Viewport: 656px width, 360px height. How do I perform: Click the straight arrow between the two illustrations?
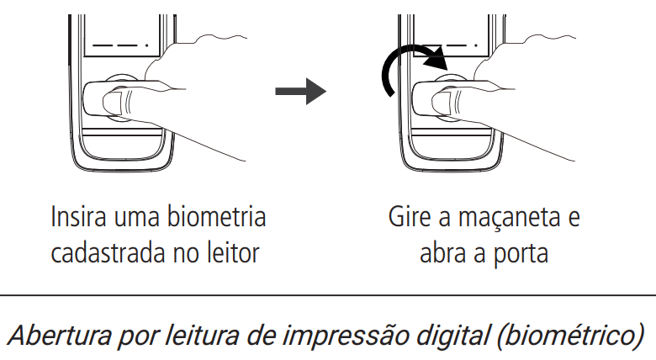(301, 93)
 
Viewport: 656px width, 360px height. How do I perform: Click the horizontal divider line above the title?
(328, 295)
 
